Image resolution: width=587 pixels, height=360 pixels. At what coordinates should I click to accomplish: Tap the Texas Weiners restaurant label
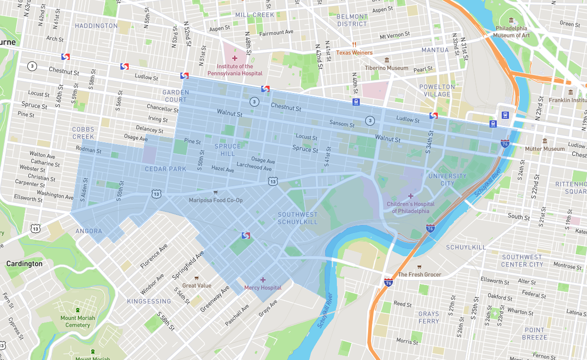point(354,53)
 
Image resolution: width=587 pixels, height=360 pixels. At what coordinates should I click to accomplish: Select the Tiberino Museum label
point(387,68)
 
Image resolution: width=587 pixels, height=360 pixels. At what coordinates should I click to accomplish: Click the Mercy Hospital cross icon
point(263,280)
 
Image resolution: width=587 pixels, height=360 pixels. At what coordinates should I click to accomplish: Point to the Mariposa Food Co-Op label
point(215,200)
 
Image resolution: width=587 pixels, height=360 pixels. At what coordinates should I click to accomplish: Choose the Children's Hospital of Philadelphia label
point(411,208)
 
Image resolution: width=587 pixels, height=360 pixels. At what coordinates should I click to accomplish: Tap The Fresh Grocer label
point(419,274)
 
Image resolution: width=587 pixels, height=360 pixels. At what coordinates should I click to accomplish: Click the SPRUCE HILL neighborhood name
point(228,150)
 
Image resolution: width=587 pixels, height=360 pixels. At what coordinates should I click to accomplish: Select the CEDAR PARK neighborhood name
point(165,169)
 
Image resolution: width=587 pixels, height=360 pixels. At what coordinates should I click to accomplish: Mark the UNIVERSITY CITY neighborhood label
point(441,180)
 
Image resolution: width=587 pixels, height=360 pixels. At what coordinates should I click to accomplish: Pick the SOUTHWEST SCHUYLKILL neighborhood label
point(297,218)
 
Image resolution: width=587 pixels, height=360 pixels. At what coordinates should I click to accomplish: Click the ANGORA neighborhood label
point(89,231)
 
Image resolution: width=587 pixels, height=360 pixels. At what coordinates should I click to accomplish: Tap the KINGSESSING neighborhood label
point(149,301)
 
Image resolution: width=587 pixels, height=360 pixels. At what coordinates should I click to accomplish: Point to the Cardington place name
point(24,264)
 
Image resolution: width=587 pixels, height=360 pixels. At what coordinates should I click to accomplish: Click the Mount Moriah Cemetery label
point(78,322)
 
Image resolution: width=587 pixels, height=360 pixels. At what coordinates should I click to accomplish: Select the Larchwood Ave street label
point(254,167)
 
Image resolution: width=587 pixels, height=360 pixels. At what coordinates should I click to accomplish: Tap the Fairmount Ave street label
point(276,33)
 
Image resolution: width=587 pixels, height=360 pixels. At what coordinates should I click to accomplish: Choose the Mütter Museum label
point(545,149)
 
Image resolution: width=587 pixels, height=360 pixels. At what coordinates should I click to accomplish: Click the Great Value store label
point(196,285)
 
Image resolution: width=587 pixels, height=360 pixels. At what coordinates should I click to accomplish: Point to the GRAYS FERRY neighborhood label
point(429,318)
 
